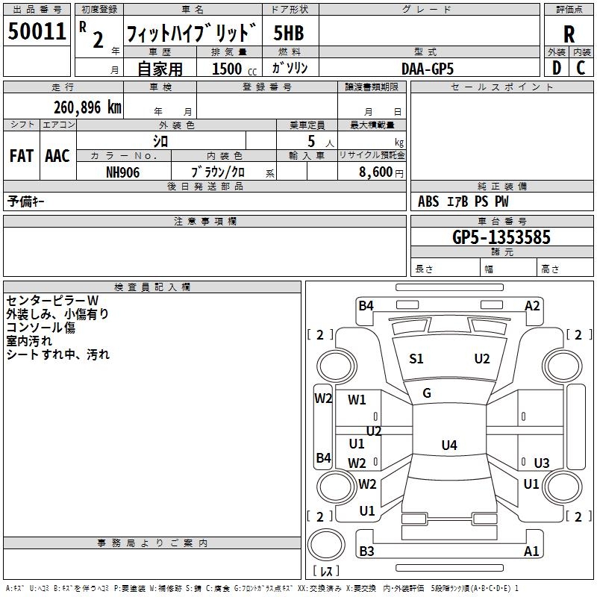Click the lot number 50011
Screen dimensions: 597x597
coord(37,31)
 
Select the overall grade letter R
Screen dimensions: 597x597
coord(569,34)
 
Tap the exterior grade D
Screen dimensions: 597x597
coord(556,68)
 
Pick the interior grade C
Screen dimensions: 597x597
coord(581,68)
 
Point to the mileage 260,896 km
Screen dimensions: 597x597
coord(87,107)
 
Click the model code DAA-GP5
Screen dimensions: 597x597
coord(427,69)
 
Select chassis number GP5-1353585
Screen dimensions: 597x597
coord(501,237)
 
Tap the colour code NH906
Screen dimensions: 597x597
coord(122,172)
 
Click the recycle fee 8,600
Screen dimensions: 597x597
coord(375,172)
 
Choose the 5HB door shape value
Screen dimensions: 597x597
coord(289,33)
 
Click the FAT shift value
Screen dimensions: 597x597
coord(22,156)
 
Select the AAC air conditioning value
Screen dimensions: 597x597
coord(57,156)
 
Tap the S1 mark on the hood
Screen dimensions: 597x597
coord(416,359)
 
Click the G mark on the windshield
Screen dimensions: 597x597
coord(427,393)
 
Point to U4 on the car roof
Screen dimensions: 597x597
coord(449,445)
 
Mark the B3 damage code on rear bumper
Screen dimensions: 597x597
coord(366,551)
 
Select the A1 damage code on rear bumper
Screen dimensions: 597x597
coord(531,551)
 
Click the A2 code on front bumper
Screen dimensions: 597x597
coord(532,306)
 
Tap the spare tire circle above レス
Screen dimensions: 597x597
coord(326,545)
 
